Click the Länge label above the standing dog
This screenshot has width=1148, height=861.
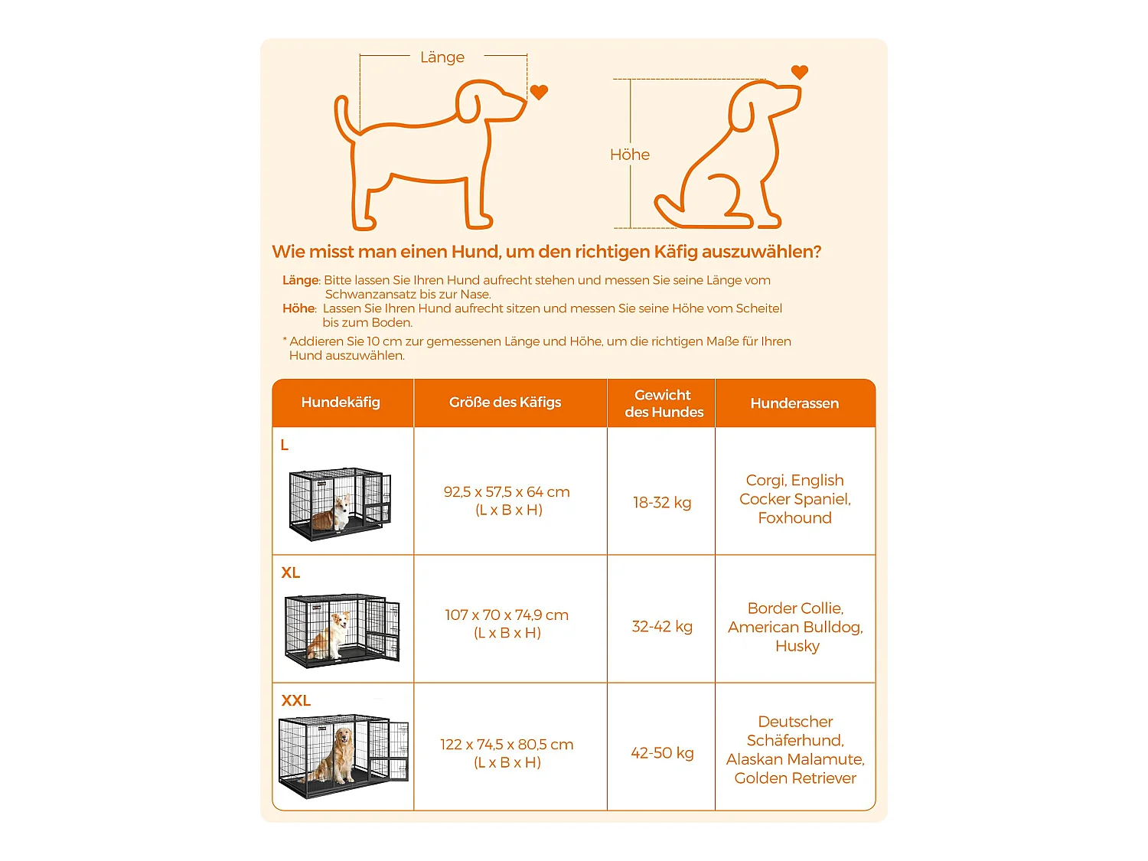(442, 57)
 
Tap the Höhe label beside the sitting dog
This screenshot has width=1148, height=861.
(630, 155)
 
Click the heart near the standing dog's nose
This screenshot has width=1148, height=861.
(539, 92)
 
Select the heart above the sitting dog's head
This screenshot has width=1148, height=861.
(799, 72)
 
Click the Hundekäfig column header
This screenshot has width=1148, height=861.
(341, 402)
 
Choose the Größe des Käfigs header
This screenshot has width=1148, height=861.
(504, 402)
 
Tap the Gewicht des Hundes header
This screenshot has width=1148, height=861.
(664, 403)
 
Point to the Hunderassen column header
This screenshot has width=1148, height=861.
(794, 403)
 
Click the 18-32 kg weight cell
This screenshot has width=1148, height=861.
(662, 502)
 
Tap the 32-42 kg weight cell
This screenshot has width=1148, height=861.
(662, 626)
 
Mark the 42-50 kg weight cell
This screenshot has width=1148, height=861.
(662, 753)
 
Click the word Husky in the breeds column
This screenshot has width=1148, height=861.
(797, 646)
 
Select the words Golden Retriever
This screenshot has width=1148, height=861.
(795, 778)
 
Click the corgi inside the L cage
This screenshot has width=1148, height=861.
(331, 514)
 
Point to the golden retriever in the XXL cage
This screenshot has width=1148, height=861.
(337, 756)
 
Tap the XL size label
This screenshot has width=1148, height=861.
(291, 573)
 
